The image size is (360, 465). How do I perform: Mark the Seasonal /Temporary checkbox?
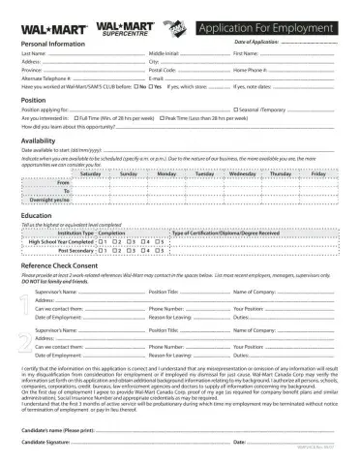tap(233, 108)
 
